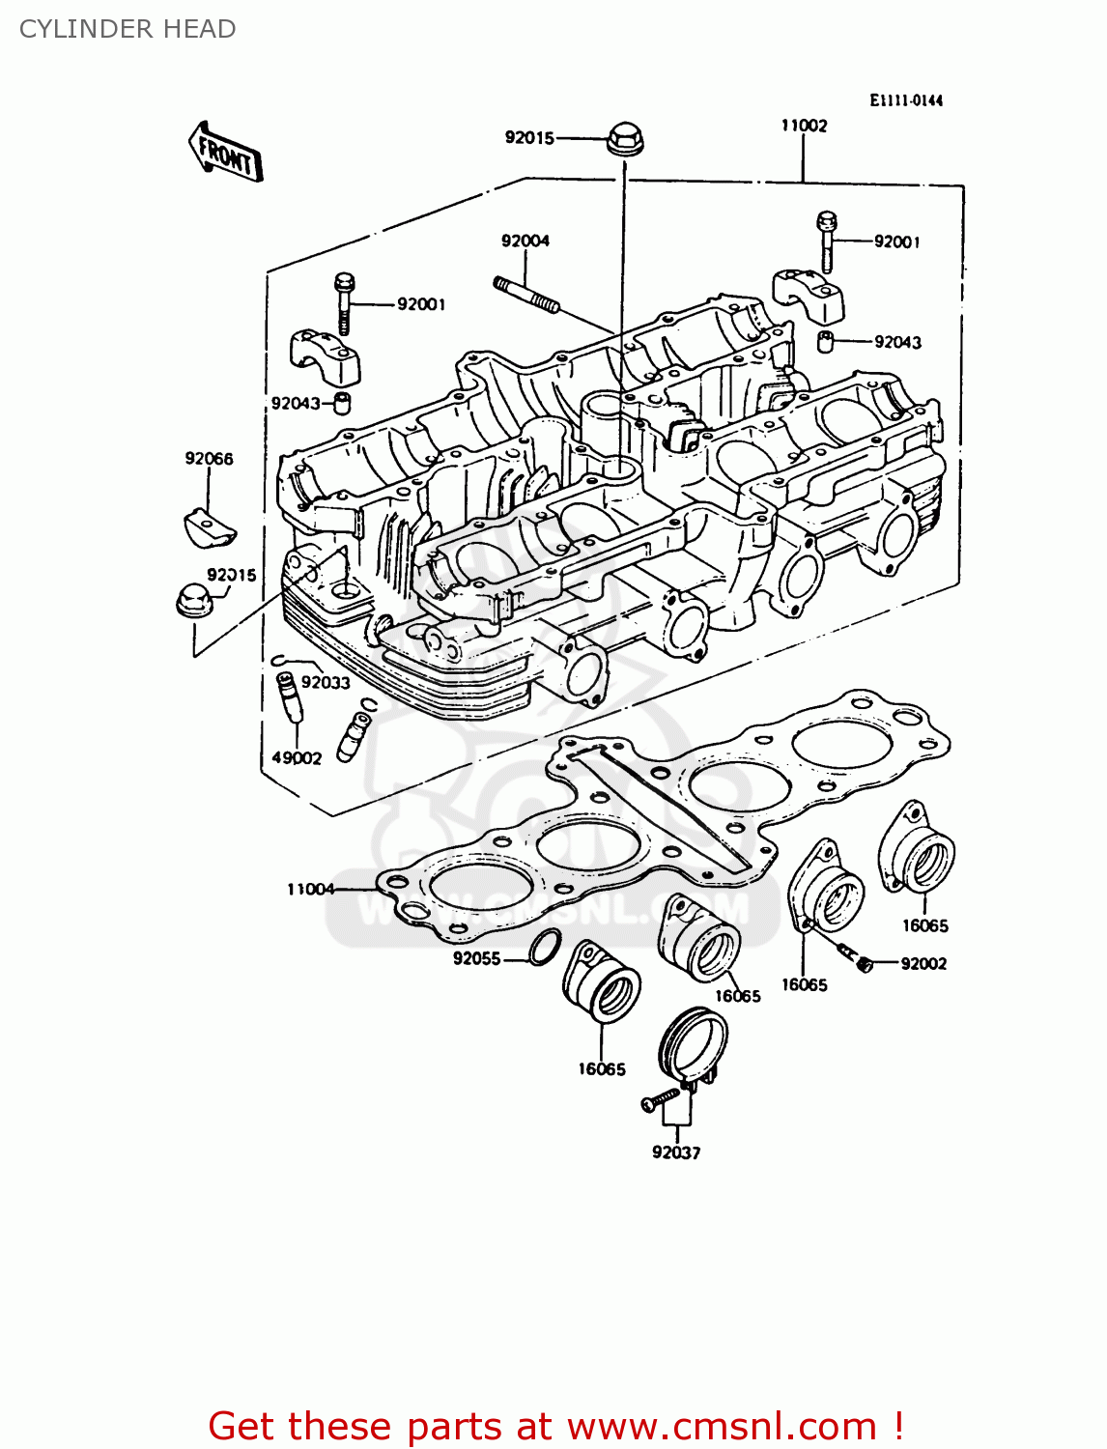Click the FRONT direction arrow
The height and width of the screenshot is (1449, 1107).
[225, 153]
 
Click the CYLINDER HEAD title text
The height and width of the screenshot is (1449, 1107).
[128, 29]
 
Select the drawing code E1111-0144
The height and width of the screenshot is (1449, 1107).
[905, 100]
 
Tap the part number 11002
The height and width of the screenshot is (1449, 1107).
[804, 126]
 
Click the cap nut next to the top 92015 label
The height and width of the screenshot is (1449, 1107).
[625, 139]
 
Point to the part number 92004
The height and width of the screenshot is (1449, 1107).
[525, 241]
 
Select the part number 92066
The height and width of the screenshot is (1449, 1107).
[210, 459]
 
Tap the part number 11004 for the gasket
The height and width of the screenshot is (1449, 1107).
[310, 889]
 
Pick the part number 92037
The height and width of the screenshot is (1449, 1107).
[676, 1152]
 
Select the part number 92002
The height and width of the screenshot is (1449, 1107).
[923, 963]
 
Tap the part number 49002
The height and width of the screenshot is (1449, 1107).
[297, 758]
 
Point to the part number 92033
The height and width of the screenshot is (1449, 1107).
[326, 682]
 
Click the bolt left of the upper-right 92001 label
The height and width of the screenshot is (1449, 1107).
[826, 241]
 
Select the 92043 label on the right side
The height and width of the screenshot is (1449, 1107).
[897, 342]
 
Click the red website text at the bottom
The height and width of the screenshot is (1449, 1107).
[555, 1426]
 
